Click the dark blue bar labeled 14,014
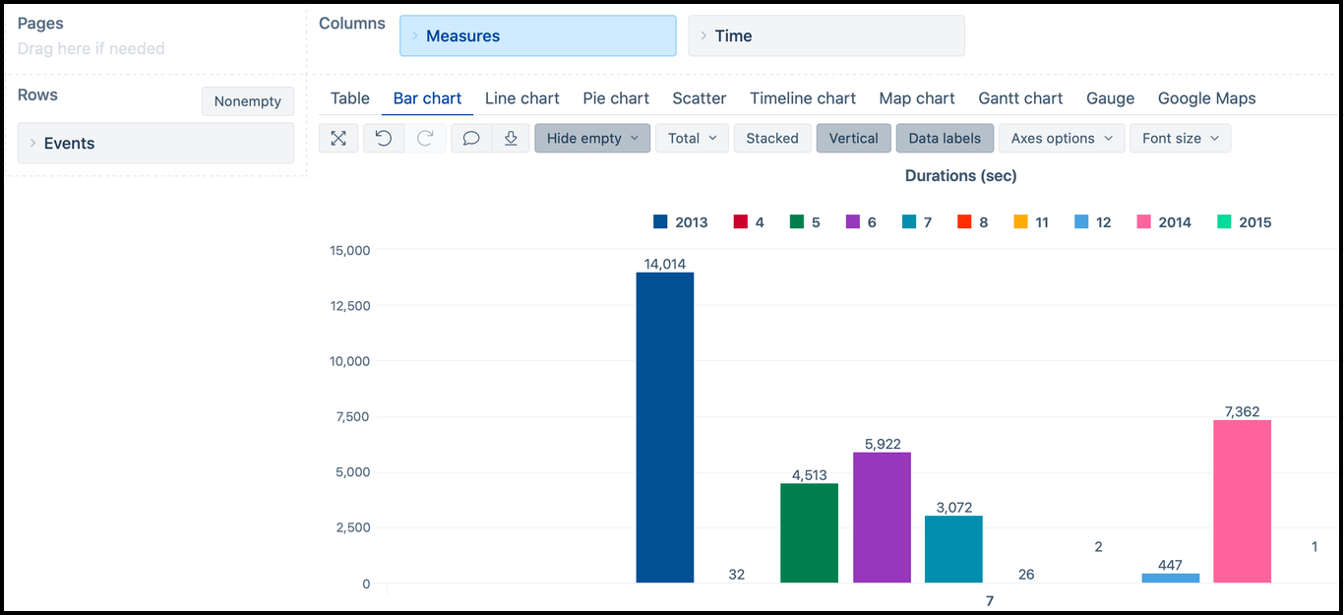click(665, 427)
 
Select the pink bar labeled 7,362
click(1242, 501)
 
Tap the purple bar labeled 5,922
click(882, 517)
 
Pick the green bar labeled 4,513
click(809, 532)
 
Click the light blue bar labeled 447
click(1170, 578)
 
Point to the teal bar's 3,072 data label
click(953, 508)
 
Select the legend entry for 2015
click(1245, 222)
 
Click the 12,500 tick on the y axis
click(350, 306)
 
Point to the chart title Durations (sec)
click(960, 176)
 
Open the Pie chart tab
click(616, 98)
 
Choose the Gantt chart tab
click(1020, 98)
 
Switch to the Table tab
click(350, 98)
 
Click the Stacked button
click(772, 139)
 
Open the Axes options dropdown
click(1062, 139)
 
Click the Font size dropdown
click(1180, 139)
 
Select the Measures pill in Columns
click(537, 36)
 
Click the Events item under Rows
click(155, 144)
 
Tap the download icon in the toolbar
click(511, 139)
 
